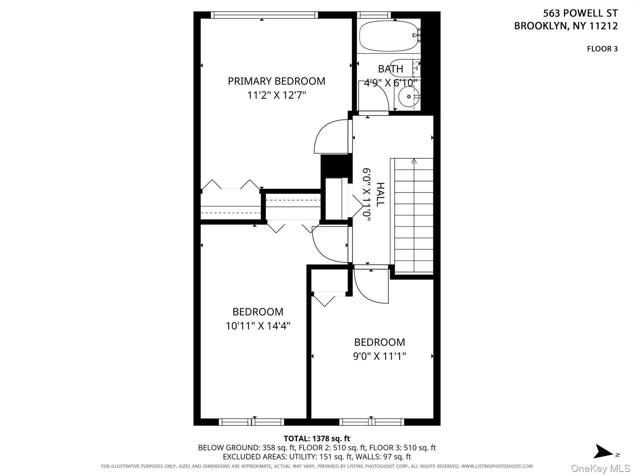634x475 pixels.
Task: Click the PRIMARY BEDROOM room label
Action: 276,81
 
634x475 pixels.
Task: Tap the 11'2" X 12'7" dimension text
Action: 276,95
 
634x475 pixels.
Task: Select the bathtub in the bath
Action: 389,36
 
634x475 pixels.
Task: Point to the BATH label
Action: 390,69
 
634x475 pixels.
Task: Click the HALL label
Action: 380,194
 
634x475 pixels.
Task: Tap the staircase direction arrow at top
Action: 414,161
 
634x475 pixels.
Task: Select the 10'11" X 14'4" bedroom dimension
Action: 258,326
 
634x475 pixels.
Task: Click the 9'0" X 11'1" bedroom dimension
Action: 379,356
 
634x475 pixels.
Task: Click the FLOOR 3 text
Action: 602,49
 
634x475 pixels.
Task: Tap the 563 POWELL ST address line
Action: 580,13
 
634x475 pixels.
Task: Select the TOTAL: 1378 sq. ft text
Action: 317,438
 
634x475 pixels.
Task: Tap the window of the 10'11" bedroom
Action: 252,422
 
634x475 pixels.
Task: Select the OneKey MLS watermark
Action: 600,469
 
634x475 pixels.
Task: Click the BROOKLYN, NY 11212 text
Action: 566,26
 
